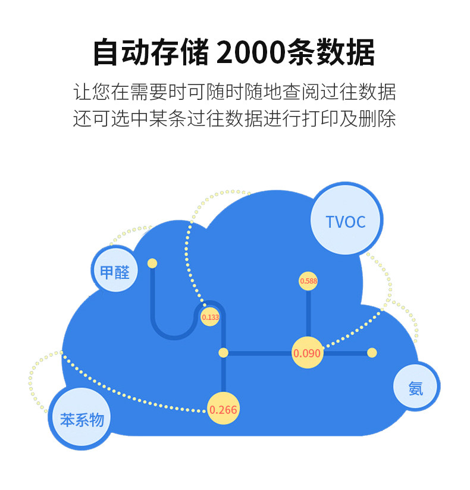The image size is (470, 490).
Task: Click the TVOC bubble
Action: pos(346,222)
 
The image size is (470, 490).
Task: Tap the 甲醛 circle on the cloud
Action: pos(115,272)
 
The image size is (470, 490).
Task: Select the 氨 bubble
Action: pos(416,388)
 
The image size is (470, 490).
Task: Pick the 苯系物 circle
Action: pos(82,420)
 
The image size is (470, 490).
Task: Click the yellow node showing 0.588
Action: pos(308,281)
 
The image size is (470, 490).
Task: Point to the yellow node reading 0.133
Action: pos(211,317)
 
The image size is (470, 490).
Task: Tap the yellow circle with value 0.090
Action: pos(307,353)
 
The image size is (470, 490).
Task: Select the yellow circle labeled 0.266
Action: pos(223,409)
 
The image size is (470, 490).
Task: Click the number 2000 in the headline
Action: pos(251,53)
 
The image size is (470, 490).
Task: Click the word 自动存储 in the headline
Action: pos(151,53)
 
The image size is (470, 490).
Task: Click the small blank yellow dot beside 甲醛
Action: pos(152,263)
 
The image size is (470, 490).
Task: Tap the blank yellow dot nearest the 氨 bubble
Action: pos(372,353)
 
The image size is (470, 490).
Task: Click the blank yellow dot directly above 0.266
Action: pos(223,353)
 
